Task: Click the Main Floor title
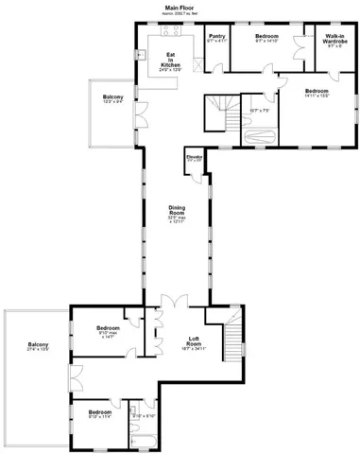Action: pos(180,7)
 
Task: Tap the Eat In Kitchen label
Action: pos(171,60)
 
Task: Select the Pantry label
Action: pos(216,39)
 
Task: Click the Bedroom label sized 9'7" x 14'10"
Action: pos(266,38)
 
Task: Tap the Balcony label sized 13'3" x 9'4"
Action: pos(113,97)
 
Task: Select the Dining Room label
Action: pos(177,213)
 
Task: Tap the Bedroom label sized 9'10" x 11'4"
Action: pos(99,413)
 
